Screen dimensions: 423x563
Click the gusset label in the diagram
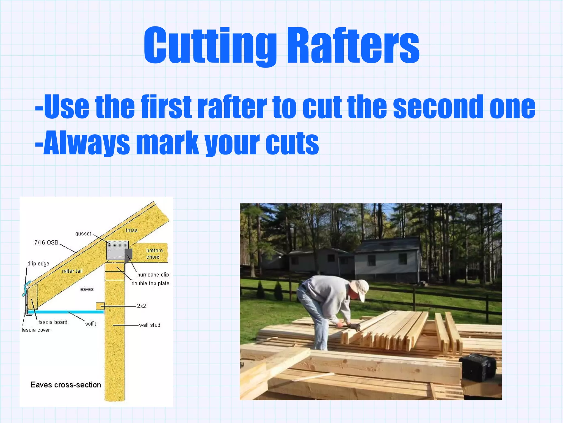83,234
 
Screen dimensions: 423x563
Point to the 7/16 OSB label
46,243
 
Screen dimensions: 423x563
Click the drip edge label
38,264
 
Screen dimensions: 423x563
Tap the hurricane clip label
153,275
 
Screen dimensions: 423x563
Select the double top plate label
150,283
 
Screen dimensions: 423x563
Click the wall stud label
150,325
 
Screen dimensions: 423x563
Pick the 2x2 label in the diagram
141,306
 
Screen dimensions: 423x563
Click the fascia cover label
36,330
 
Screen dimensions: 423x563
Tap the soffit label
90,324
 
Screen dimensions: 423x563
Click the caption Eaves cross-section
66,385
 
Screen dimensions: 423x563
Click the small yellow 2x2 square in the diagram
100,306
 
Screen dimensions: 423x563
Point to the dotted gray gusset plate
117,250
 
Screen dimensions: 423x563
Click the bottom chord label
154,254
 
